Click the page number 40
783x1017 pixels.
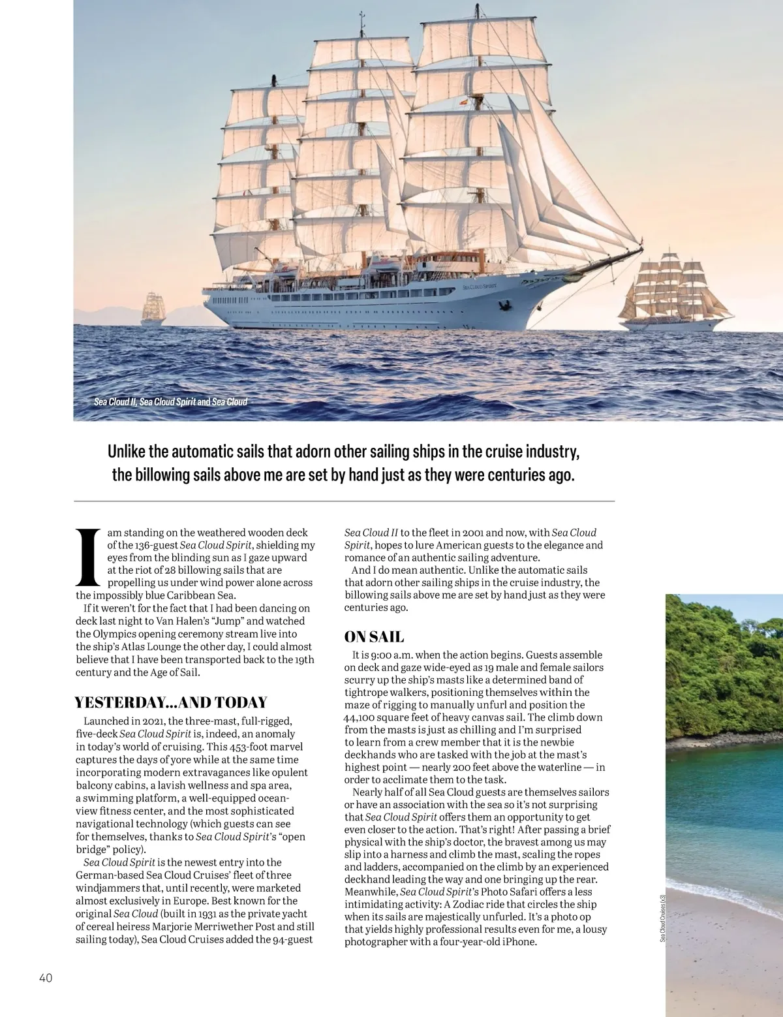pyautogui.click(x=46, y=977)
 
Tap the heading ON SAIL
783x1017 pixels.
pyautogui.click(x=374, y=637)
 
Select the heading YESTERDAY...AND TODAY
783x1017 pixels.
pyautogui.click(x=171, y=702)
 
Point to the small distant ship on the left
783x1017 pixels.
pyautogui.click(x=153, y=309)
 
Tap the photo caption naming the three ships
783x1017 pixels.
pyautogui.click(x=170, y=401)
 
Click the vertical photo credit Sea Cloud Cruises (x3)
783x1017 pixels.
pyautogui.click(x=662, y=917)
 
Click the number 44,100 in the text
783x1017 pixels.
pyautogui.click(x=361, y=717)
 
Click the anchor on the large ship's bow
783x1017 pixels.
pyautogui.click(x=503, y=305)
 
